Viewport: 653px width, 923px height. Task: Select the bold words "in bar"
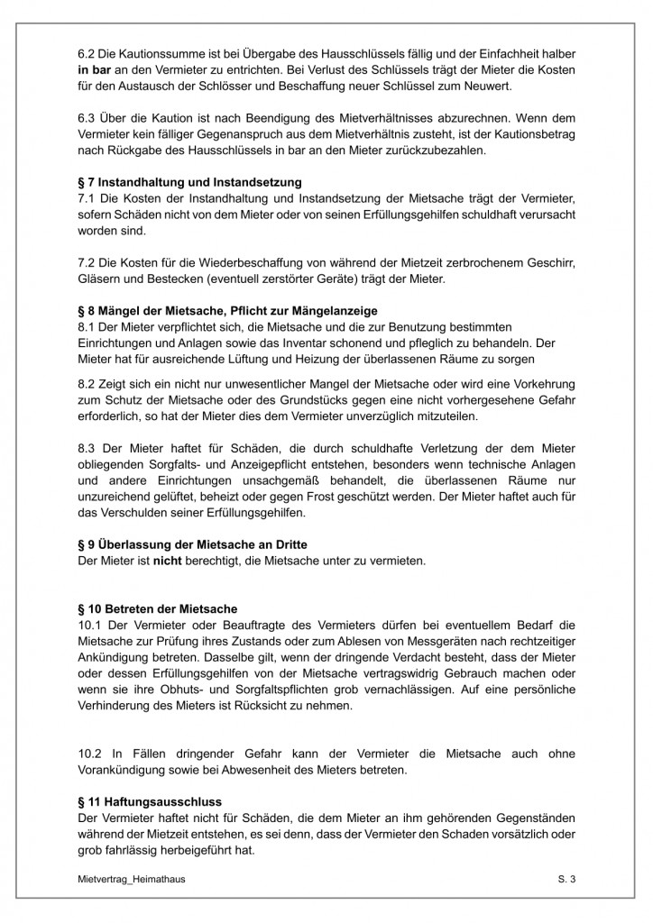coord(95,69)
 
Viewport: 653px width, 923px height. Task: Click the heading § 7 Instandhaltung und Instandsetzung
coord(189,182)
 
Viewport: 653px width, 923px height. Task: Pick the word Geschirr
coord(549,262)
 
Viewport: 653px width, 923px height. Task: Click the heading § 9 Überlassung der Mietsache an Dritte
coord(192,544)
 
